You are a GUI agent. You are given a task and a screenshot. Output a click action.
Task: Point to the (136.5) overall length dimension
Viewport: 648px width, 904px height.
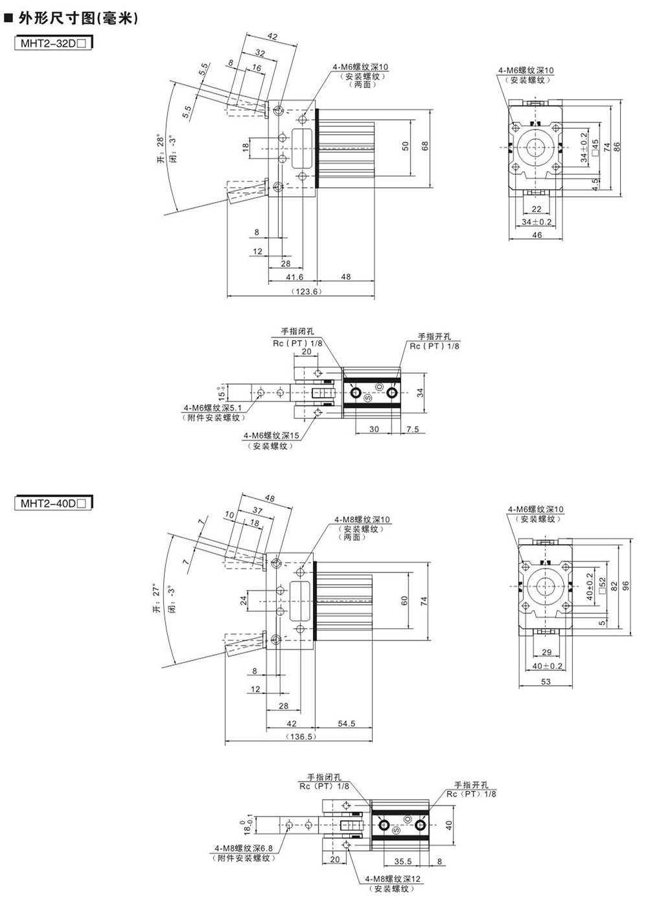coord(300,736)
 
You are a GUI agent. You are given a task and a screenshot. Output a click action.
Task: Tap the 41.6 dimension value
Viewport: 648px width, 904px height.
coord(294,277)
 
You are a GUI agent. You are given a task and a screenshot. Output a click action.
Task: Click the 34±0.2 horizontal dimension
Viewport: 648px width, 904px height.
coord(537,222)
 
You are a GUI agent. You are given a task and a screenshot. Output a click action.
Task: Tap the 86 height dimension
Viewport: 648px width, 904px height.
coord(618,147)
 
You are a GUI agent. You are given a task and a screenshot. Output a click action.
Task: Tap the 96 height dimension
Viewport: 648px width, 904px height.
coord(625,584)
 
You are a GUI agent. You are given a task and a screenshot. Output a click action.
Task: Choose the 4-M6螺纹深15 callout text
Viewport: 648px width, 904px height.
coord(272,436)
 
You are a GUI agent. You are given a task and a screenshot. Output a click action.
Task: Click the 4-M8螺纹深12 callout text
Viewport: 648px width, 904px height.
coord(393,879)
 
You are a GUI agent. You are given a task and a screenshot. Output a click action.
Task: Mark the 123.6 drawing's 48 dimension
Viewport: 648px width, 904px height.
coord(345,277)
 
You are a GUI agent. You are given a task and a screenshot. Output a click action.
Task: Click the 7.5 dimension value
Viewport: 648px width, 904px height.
coord(413,429)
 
